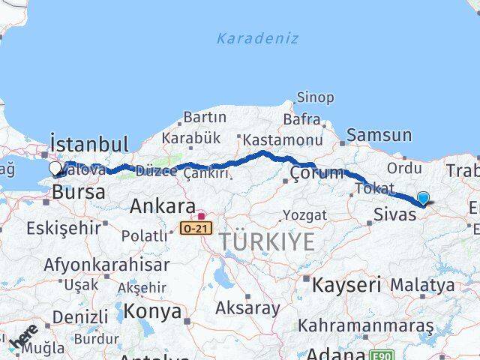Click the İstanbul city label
pyautogui.click(x=88, y=143)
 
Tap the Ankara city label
pyautogui.click(x=163, y=205)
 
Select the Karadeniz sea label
pyautogui.click(x=257, y=38)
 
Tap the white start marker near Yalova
pyautogui.click(x=56, y=169)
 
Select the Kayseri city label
pyautogui.click(x=346, y=284)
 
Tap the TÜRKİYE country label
pyautogui.click(x=268, y=242)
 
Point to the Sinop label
pyautogui.click(x=315, y=97)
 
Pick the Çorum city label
pyautogui.click(x=316, y=173)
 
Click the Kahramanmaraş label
pyautogui.click(x=366, y=326)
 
